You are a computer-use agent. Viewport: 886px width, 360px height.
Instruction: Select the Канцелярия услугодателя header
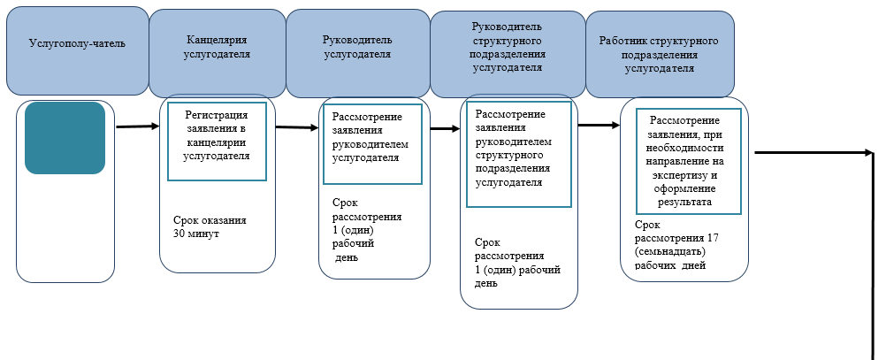(x=218, y=47)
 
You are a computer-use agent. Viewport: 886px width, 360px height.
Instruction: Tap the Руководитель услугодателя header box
(x=356, y=47)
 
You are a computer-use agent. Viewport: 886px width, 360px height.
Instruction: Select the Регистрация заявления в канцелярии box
(x=216, y=142)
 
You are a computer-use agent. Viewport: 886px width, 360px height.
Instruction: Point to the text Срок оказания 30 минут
(x=210, y=227)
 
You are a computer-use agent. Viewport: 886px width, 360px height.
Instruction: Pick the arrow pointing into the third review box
(x=445, y=127)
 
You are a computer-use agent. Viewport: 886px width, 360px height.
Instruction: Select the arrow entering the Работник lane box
(x=599, y=125)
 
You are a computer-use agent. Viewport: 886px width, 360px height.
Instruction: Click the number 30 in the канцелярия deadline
(x=180, y=234)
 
